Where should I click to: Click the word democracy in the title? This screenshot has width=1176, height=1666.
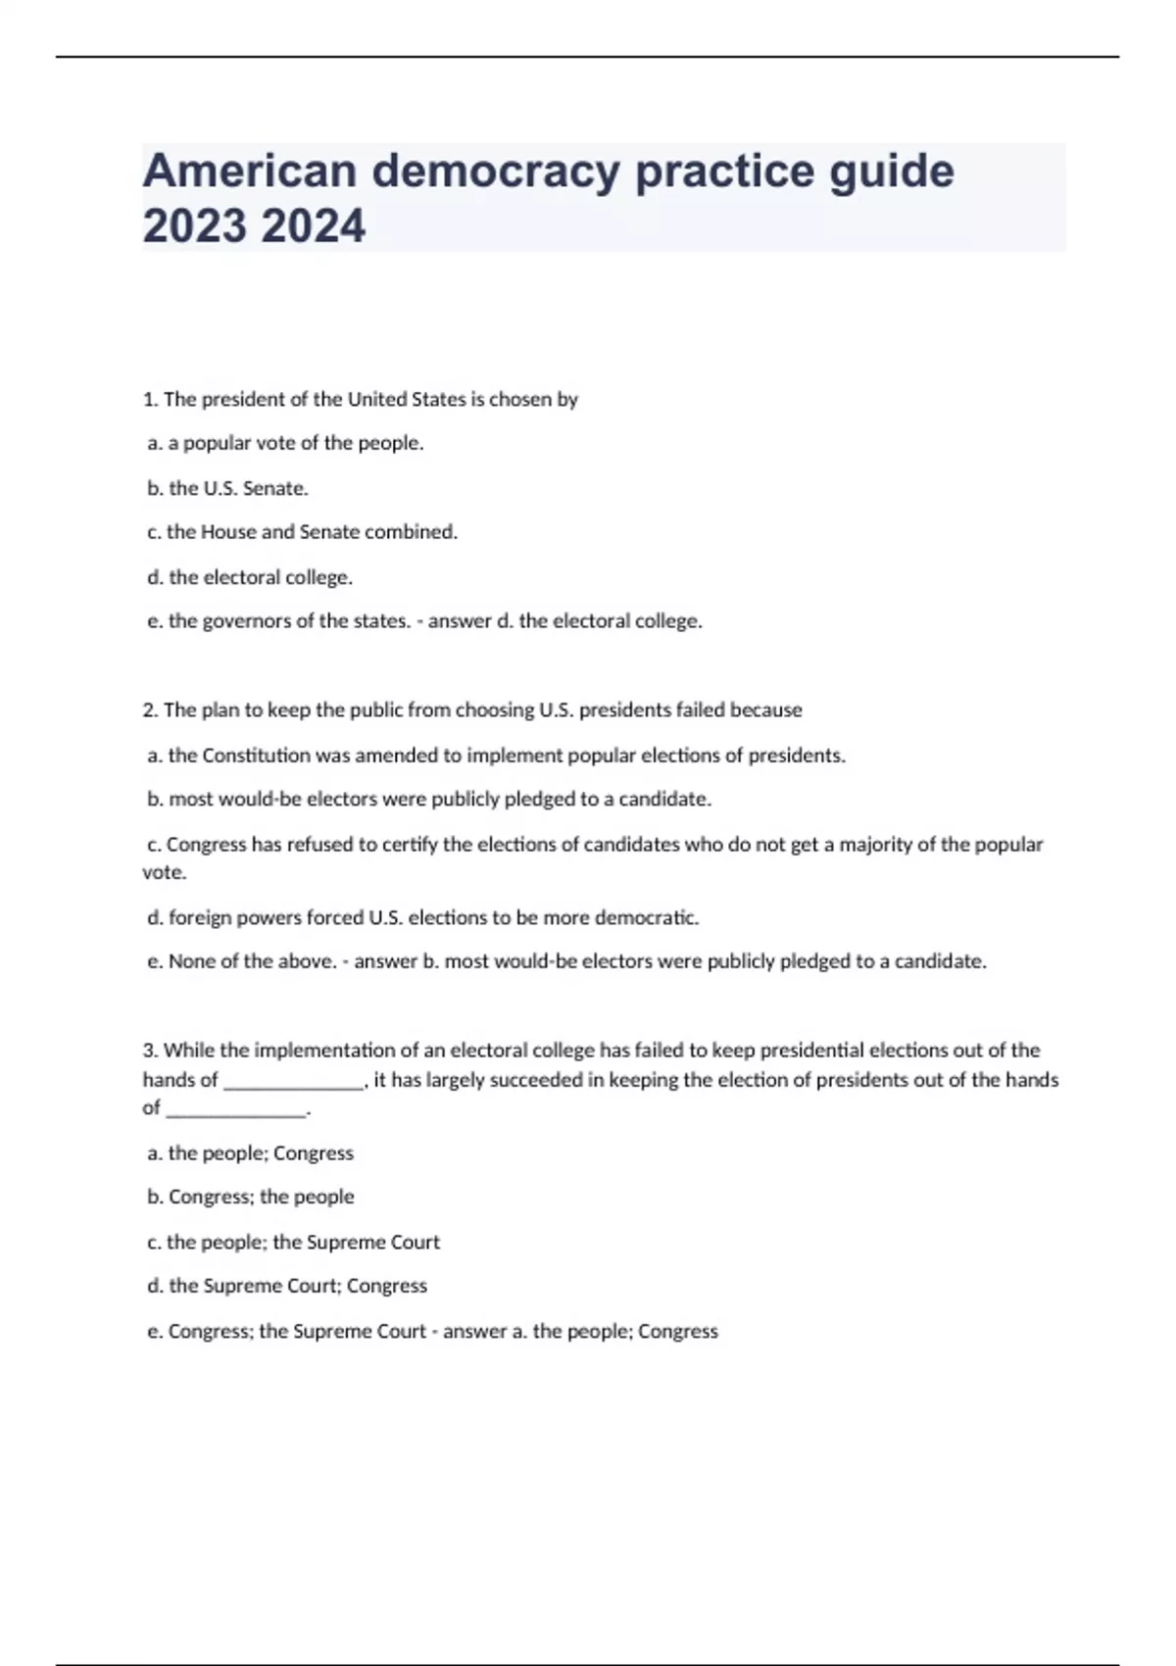point(495,171)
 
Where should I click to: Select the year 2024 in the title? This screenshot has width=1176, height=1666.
point(314,226)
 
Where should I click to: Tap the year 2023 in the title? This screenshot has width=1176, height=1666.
point(194,226)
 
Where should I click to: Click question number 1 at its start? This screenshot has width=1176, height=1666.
point(150,399)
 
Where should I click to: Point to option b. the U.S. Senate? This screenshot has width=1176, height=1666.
point(227,488)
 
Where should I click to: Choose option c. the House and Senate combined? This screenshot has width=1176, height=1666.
point(302,532)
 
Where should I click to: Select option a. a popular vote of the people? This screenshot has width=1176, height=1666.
point(285,443)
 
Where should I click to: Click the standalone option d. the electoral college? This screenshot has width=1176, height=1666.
point(250,577)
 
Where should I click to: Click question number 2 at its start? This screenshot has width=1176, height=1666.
point(150,710)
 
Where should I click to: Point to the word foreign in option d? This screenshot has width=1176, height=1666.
point(200,918)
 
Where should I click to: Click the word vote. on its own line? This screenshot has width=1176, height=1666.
point(165,872)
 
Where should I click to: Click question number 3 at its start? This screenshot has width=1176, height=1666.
point(150,1051)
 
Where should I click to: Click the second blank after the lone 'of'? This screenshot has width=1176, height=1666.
point(236,1109)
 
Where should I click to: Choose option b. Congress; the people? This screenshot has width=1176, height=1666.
point(251,1197)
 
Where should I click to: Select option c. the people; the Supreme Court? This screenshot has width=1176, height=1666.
point(293,1242)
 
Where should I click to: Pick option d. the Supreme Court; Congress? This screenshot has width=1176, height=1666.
point(287,1286)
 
